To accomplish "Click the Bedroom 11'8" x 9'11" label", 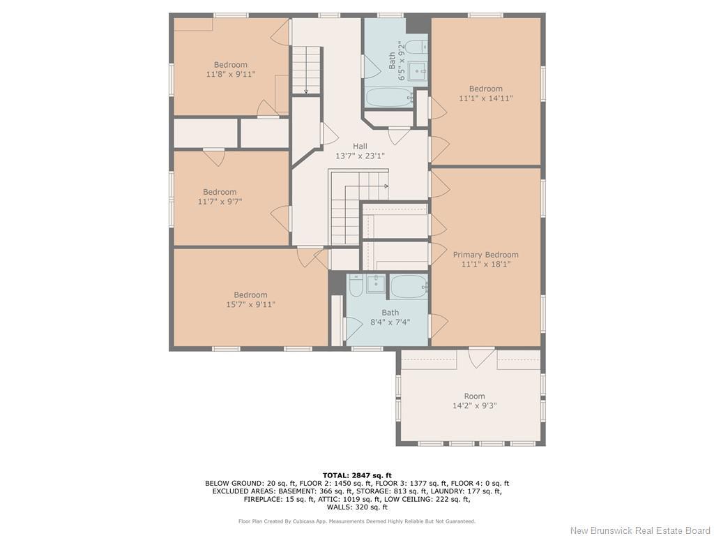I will tap(230, 69).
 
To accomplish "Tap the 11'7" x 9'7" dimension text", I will tap(220, 202).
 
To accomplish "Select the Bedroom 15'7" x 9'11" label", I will tap(250, 299).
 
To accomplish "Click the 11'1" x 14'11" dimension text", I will tap(485, 98).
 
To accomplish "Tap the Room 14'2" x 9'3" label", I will tap(474, 401).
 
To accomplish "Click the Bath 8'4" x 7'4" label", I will tap(390, 318).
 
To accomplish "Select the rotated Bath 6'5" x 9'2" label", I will tap(396, 61).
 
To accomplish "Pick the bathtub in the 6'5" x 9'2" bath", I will tap(389, 97).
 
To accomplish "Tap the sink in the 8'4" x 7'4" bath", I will tap(376, 283).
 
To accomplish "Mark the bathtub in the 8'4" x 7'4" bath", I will tap(409, 285).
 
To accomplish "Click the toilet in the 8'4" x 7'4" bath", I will tap(356, 286).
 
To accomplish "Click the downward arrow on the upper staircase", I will tap(305, 89).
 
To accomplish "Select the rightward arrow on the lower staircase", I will tap(385, 186).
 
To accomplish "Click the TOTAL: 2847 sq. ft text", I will tap(357, 475).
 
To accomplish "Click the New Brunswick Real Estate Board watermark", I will tap(640, 530).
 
